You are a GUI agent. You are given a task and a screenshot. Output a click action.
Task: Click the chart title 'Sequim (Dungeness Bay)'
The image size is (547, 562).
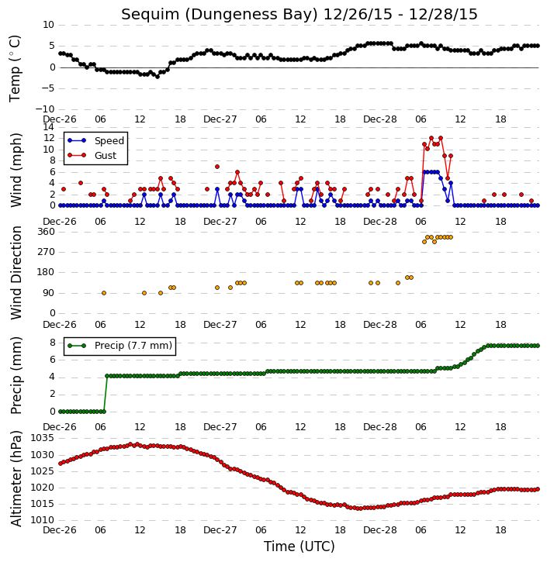[220, 15]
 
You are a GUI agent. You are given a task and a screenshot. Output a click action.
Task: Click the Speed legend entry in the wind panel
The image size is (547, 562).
[95, 140]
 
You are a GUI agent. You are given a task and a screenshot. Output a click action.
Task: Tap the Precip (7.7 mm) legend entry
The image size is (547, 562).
[119, 346]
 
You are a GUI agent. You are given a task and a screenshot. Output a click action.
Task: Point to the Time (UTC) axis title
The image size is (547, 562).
[299, 546]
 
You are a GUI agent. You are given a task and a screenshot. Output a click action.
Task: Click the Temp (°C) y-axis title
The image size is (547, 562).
[15, 69]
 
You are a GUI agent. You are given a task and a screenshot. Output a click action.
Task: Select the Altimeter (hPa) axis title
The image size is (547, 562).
[16, 479]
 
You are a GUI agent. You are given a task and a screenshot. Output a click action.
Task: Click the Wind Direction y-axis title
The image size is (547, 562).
[16, 273]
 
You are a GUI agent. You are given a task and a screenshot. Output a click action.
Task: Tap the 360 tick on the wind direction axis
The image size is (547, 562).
[47, 232]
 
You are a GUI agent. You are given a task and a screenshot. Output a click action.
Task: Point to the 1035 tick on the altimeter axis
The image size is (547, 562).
[43, 438]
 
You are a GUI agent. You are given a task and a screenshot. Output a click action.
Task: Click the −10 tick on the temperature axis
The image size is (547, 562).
[44, 109]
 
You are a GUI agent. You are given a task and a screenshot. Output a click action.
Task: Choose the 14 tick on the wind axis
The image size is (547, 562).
[48, 127]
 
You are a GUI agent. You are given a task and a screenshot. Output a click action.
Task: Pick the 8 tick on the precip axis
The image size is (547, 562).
[52, 343]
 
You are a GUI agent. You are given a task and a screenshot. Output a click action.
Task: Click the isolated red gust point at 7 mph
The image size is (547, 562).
[217, 167]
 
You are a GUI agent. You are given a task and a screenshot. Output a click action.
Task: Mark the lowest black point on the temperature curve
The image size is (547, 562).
[157, 77]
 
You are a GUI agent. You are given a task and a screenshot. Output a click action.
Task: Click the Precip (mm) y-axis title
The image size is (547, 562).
[16, 375]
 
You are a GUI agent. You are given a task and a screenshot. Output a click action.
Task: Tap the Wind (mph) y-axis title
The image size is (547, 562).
[16, 171]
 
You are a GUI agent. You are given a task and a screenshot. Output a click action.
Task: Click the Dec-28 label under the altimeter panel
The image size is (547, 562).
[380, 530]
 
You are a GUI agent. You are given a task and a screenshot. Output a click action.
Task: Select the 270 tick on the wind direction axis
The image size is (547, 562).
[47, 252]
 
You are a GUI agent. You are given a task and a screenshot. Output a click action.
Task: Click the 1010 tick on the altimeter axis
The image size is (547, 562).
[43, 520]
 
